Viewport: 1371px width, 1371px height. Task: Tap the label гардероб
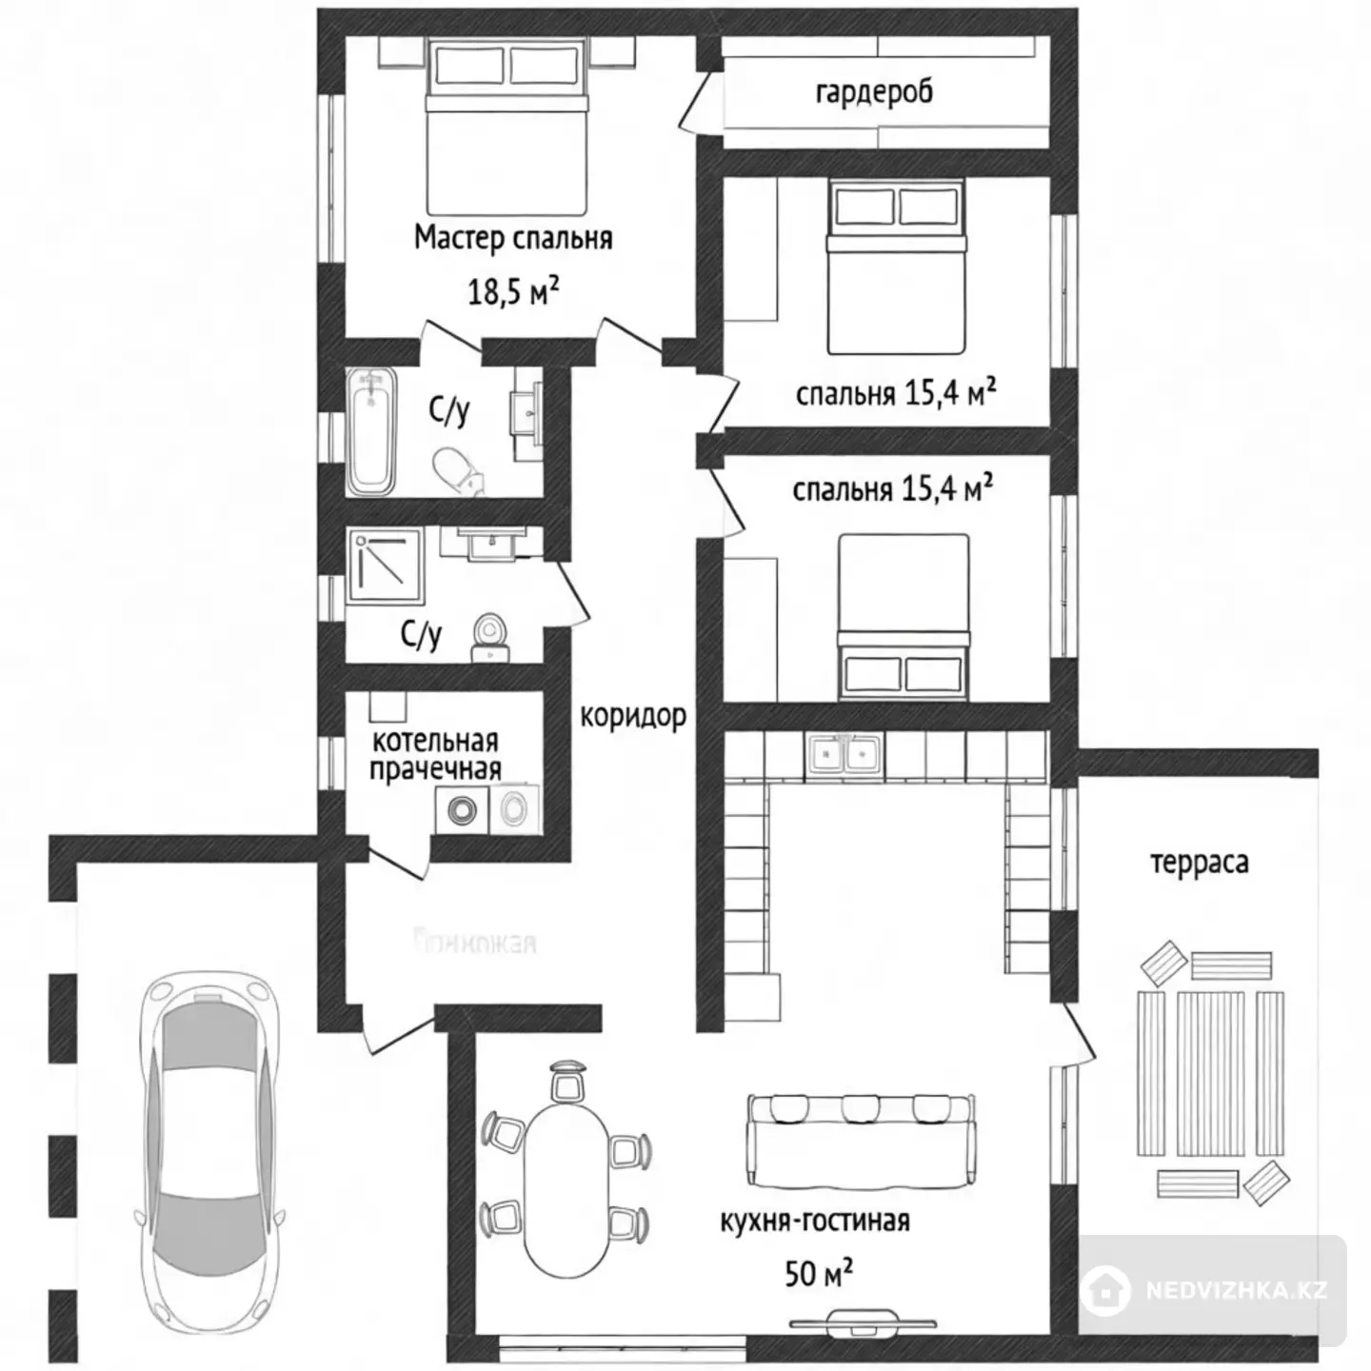(874, 92)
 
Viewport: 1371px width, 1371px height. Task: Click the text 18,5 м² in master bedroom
(512, 290)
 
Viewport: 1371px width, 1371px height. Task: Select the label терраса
(1199, 864)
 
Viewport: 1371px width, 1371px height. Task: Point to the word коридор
(633, 715)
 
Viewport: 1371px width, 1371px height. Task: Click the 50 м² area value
(818, 1273)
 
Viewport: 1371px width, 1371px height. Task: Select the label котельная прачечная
(435, 755)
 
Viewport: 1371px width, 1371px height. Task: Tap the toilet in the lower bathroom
(491, 636)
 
